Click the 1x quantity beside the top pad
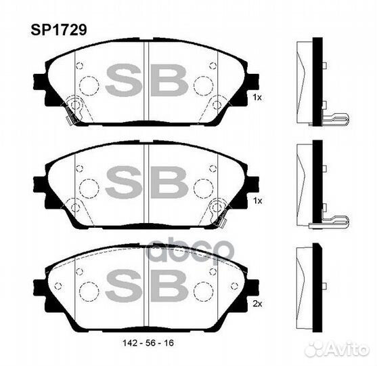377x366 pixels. [x=257, y=98]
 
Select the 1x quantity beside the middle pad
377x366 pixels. [x=257, y=201]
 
